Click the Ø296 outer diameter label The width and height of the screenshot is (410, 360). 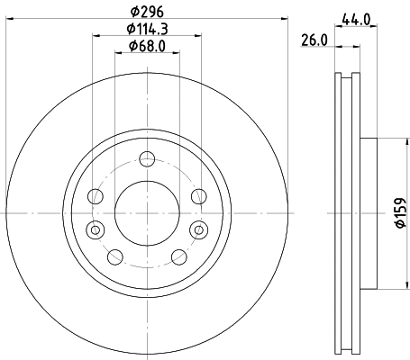(x=146, y=12)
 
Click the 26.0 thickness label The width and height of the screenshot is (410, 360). (x=312, y=41)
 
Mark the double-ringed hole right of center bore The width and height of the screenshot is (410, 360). (x=196, y=229)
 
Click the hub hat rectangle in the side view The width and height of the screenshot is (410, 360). (x=369, y=212)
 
